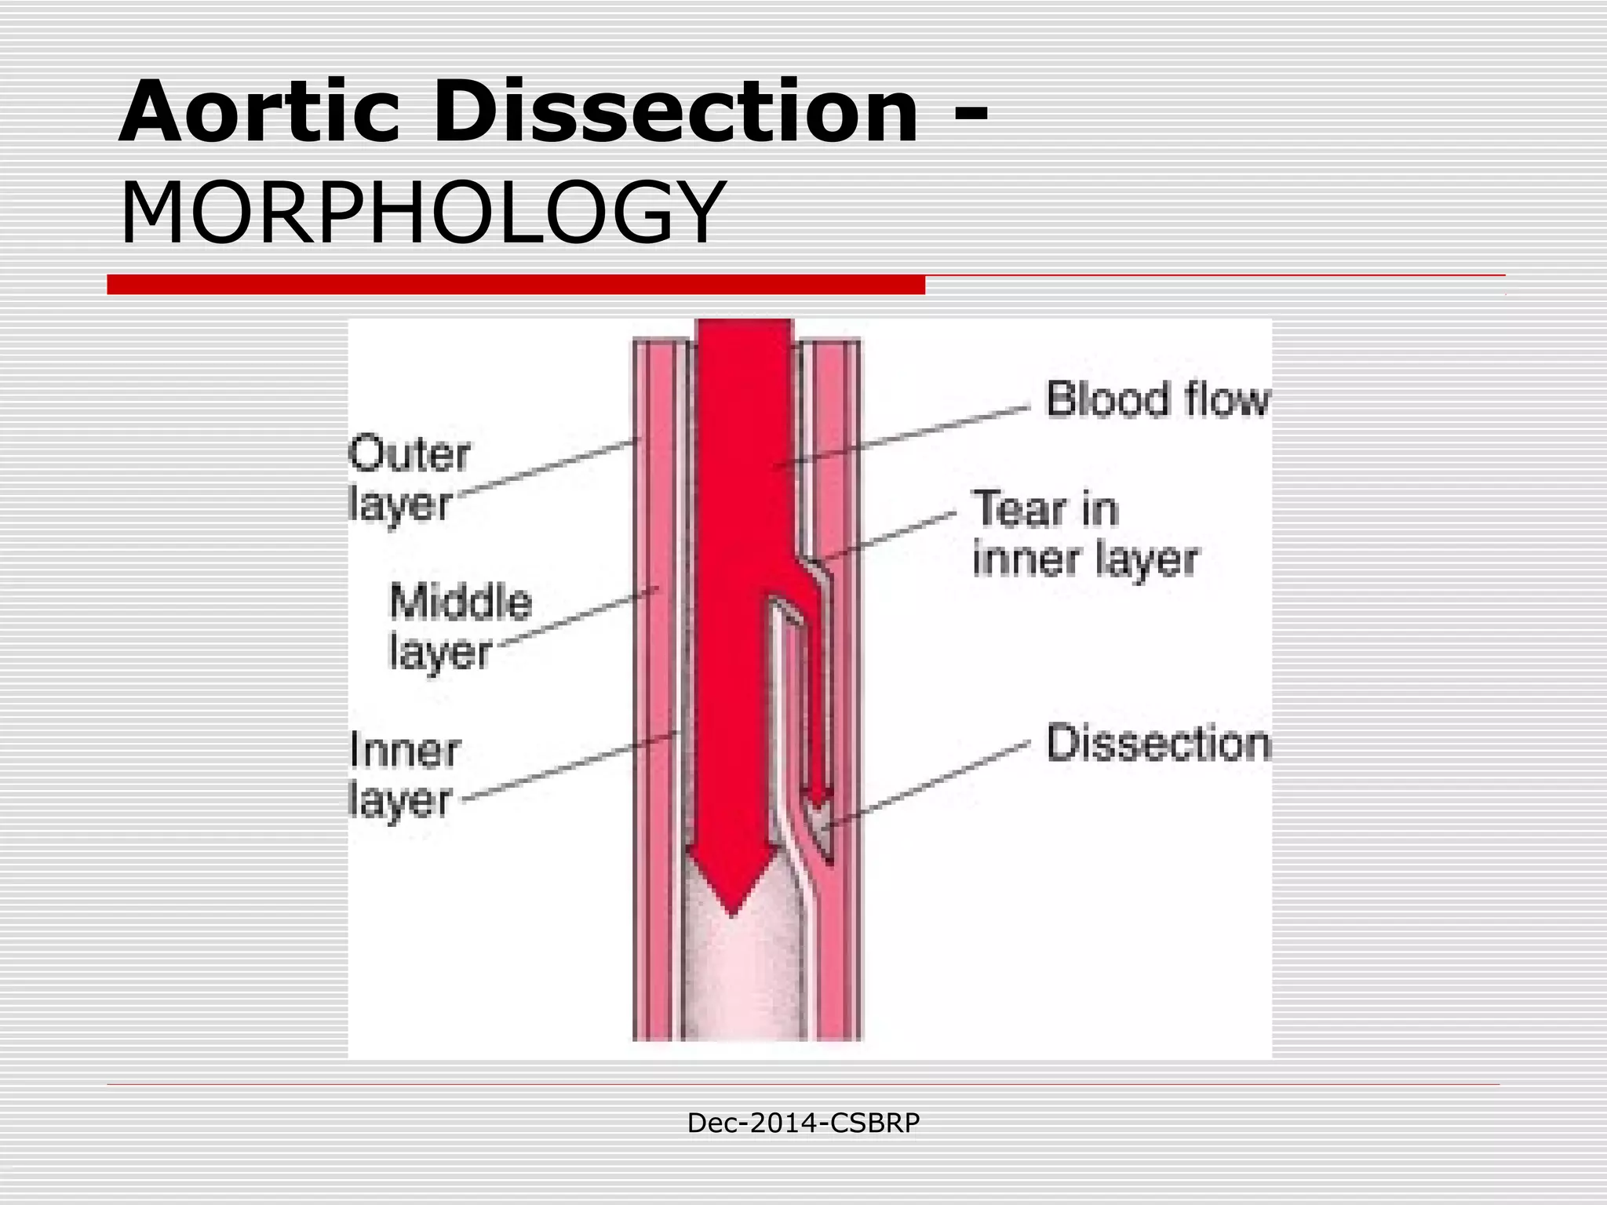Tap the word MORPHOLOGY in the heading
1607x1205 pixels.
[x=421, y=213]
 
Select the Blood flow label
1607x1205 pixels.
[x=1157, y=399]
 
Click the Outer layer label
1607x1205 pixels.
[x=408, y=479]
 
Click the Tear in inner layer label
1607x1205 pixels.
[x=1085, y=533]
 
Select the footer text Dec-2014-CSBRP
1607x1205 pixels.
[x=803, y=1123]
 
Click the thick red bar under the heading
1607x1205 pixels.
[x=516, y=285]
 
